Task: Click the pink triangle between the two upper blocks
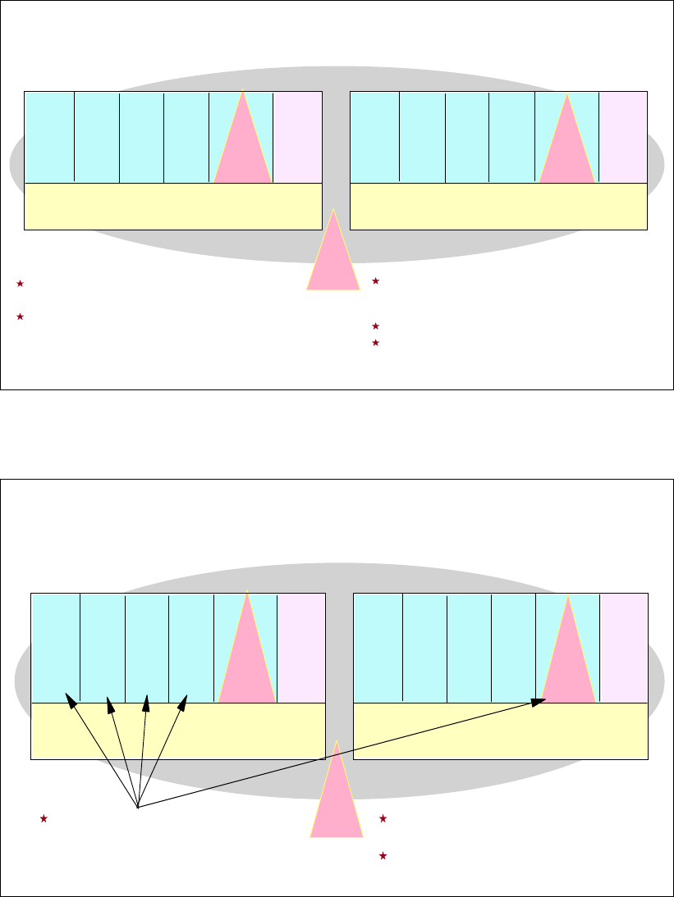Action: click(333, 258)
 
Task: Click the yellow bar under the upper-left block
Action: click(172, 206)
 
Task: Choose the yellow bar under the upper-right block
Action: click(498, 206)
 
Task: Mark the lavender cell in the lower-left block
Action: click(301, 648)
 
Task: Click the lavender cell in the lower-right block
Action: click(624, 648)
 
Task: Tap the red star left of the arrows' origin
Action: click(44, 818)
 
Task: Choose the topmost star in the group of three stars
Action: click(375, 281)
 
